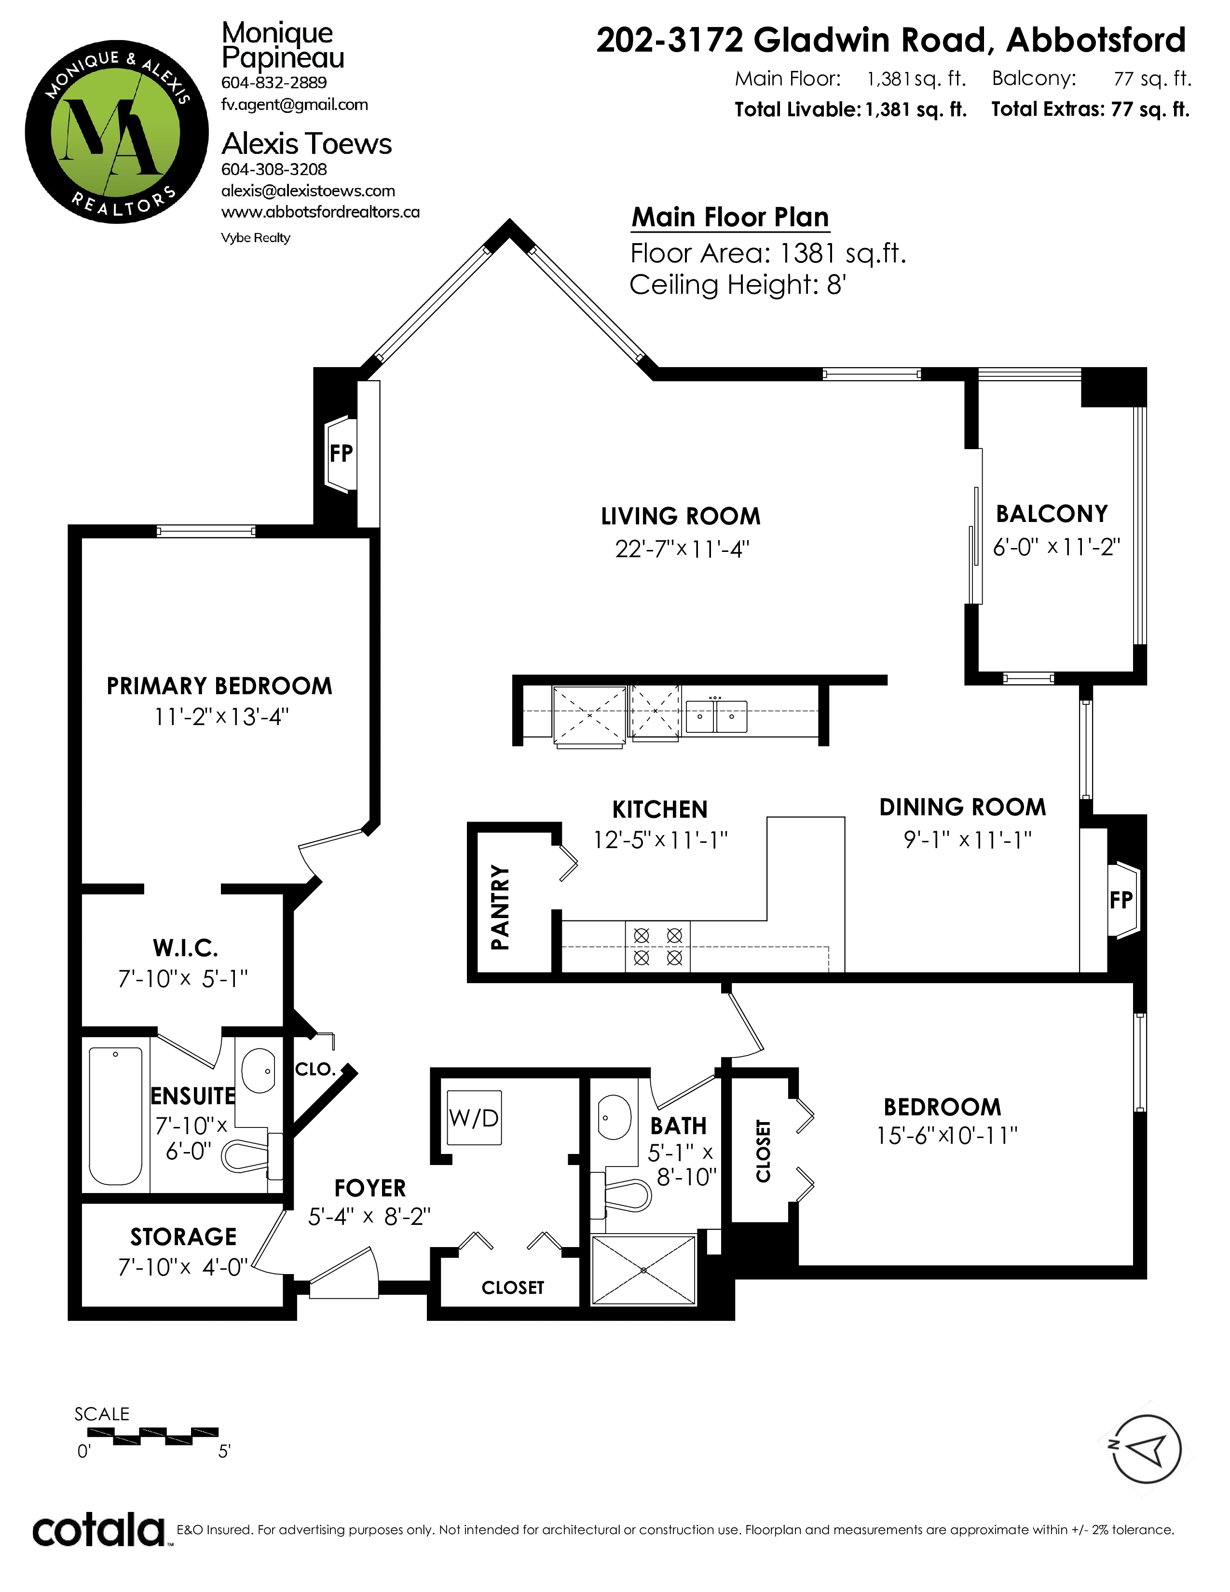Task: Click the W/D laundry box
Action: coord(474,1117)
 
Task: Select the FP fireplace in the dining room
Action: coord(1122,900)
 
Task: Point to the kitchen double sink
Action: coord(716,716)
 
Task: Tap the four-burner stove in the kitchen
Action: coord(658,946)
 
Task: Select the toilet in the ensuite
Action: coord(251,1153)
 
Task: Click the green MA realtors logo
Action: coord(117,132)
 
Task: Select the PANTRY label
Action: coord(500,907)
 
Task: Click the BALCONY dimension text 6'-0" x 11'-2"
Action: coord(1056,547)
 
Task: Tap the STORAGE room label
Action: coord(184,1236)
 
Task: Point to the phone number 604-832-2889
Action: coord(274,82)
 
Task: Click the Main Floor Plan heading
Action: coord(730,217)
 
